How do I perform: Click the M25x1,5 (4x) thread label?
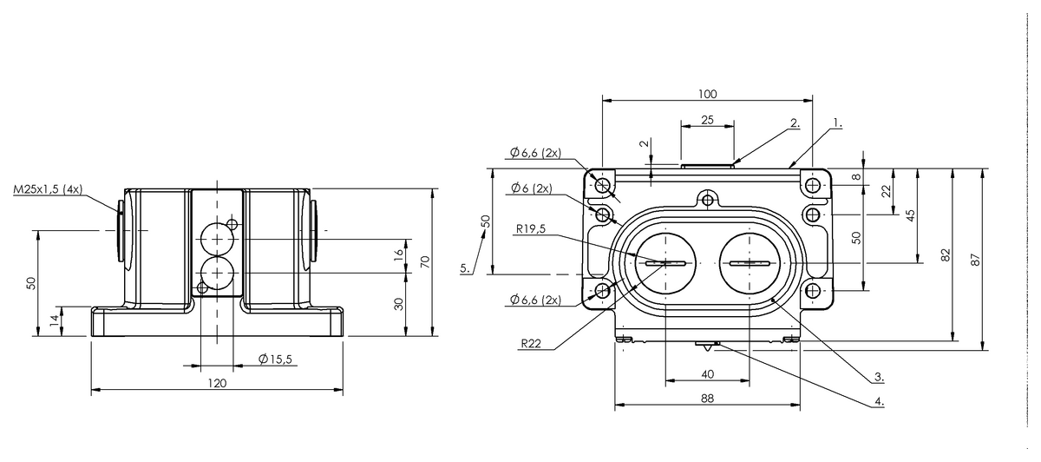tap(48, 189)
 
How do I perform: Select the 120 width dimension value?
tap(217, 383)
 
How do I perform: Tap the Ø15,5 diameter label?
tap(275, 360)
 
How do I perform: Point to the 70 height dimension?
tap(425, 262)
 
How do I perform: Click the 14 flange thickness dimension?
tap(55, 320)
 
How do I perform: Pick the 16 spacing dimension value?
tap(398, 255)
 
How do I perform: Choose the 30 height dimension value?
tap(398, 304)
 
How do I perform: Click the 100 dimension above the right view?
tap(707, 95)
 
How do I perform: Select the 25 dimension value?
tap(707, 120)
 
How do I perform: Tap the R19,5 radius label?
tap(531, 229)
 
